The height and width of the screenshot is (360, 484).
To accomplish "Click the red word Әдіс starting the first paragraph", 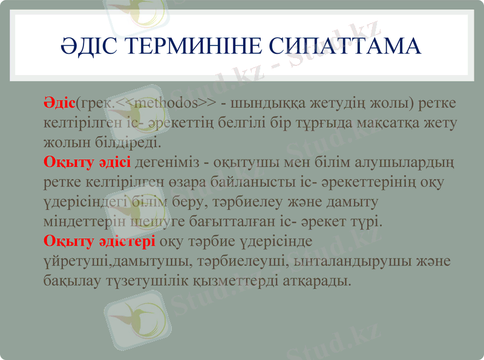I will click(x=59, y=103).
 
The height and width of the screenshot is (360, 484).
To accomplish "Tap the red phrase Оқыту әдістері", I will click(x=100, y=241).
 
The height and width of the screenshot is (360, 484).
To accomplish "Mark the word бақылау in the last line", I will click(x=69, y=281).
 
